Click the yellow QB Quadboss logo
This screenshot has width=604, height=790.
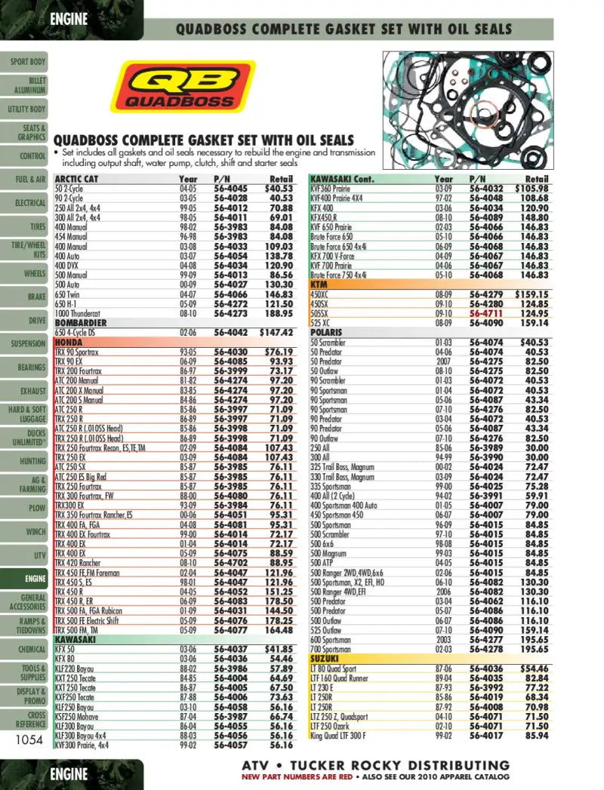coord(183,90)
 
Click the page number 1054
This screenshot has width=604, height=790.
coord(29,740)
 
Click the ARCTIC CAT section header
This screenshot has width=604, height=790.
coord(76,180)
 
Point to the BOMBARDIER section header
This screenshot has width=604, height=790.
coord(81,323)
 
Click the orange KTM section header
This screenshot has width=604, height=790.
coord(319,285)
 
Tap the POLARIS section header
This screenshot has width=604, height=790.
coord(326,332)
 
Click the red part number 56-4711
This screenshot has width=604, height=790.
coord(486,313)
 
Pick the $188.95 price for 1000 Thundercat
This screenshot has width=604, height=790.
coord(277,313)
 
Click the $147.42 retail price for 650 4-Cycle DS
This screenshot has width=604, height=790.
coord(276,332)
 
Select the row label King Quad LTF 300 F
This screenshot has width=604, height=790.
coord(349,735)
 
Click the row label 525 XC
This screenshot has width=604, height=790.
coord(321,323)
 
